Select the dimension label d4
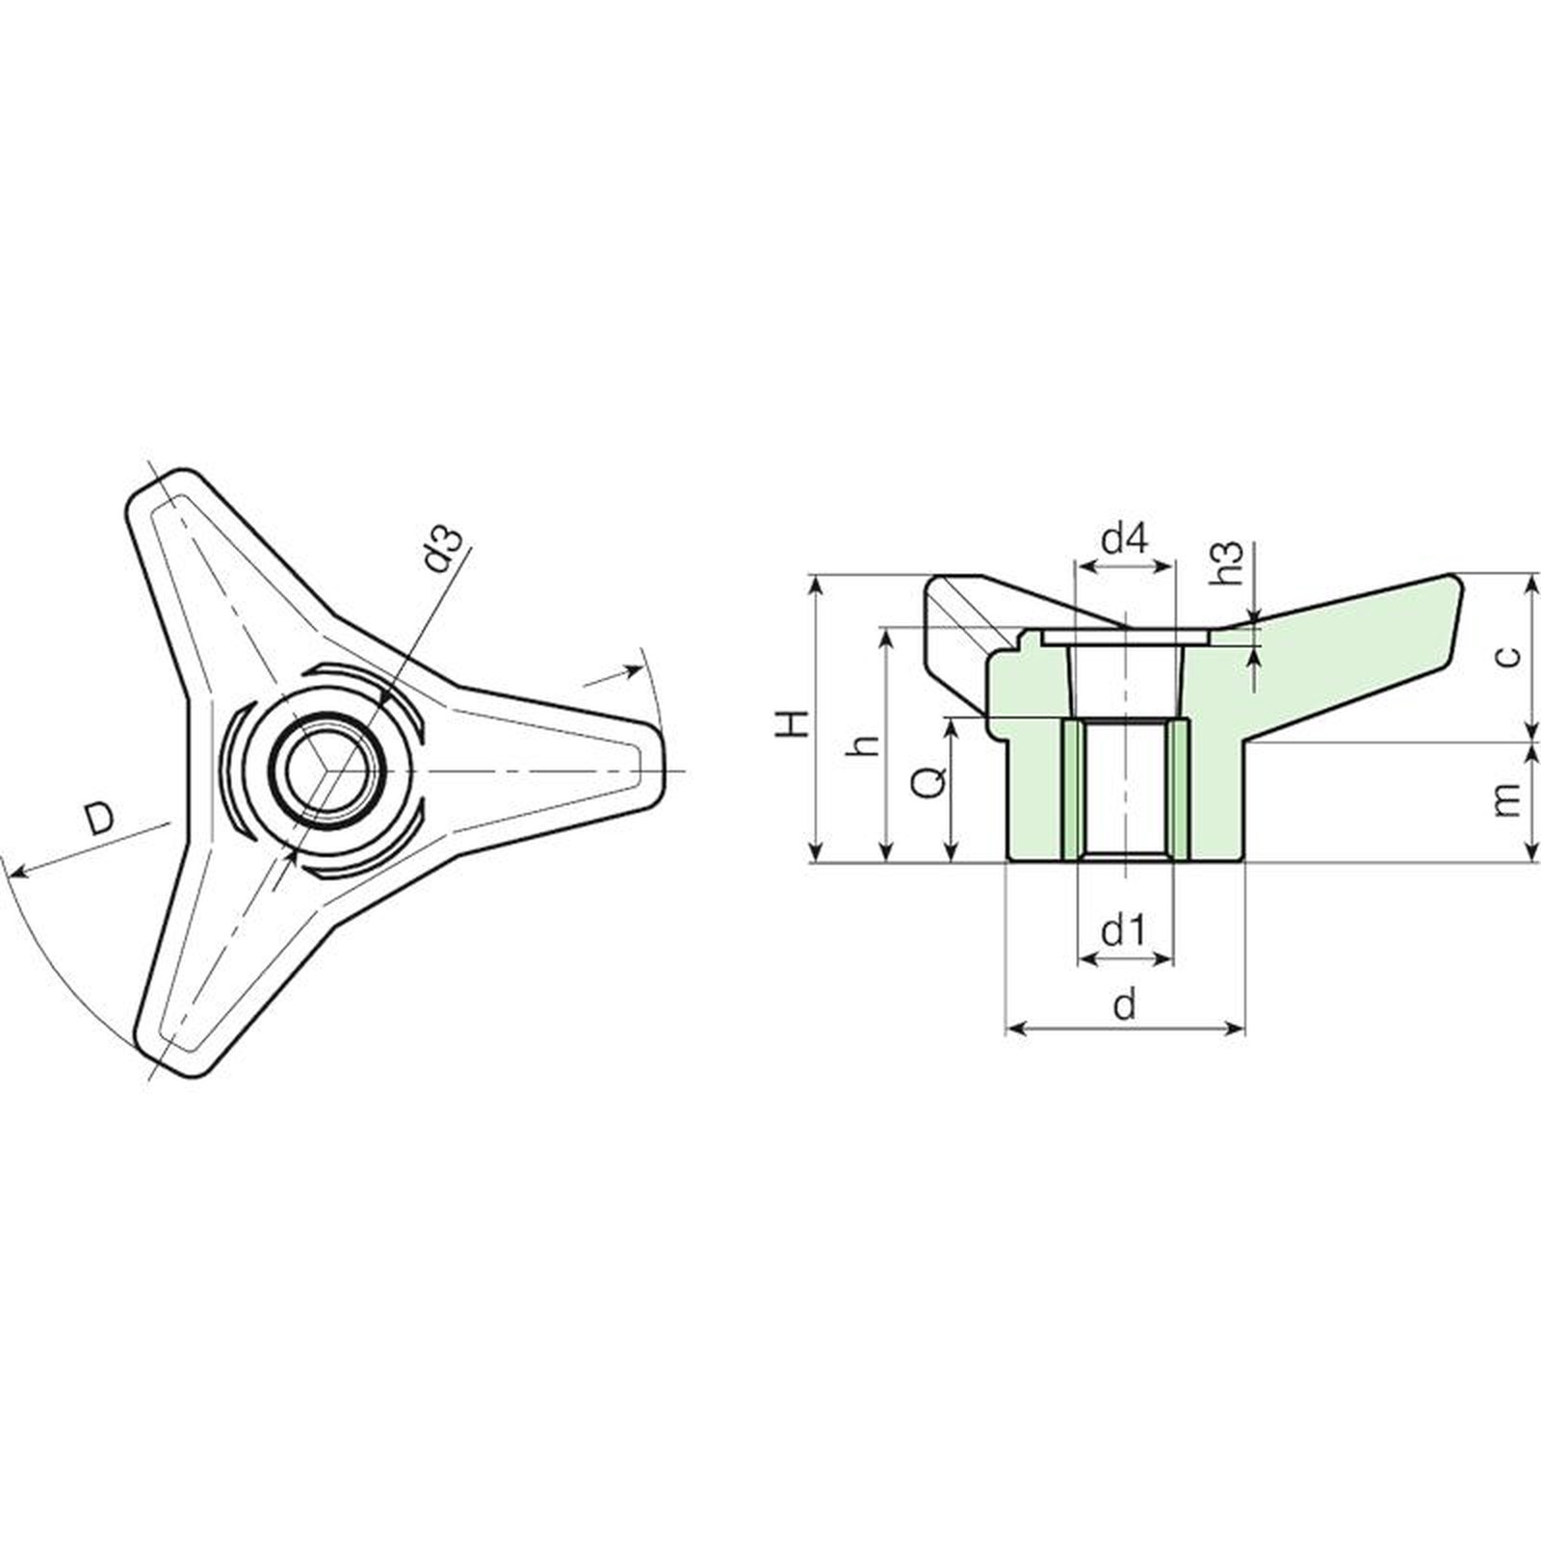pos(1124,538)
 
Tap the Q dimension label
pos(928,782)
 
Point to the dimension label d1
pos(1123,931)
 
